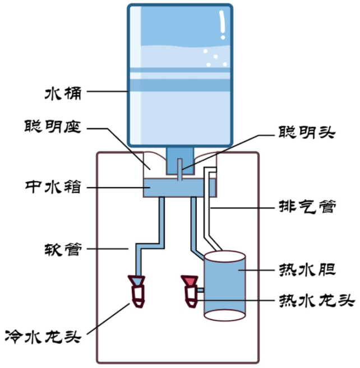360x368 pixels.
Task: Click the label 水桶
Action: point(63,92)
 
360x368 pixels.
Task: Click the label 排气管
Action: point(307,208)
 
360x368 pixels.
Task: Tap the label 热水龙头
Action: point(317,301)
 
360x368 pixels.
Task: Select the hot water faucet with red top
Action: point(190,290)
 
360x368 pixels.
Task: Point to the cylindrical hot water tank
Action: point(224,288)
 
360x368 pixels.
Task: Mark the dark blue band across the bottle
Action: point(179,85)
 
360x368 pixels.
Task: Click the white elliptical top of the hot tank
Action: point(224,258)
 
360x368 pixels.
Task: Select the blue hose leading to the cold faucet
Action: point(162,224)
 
